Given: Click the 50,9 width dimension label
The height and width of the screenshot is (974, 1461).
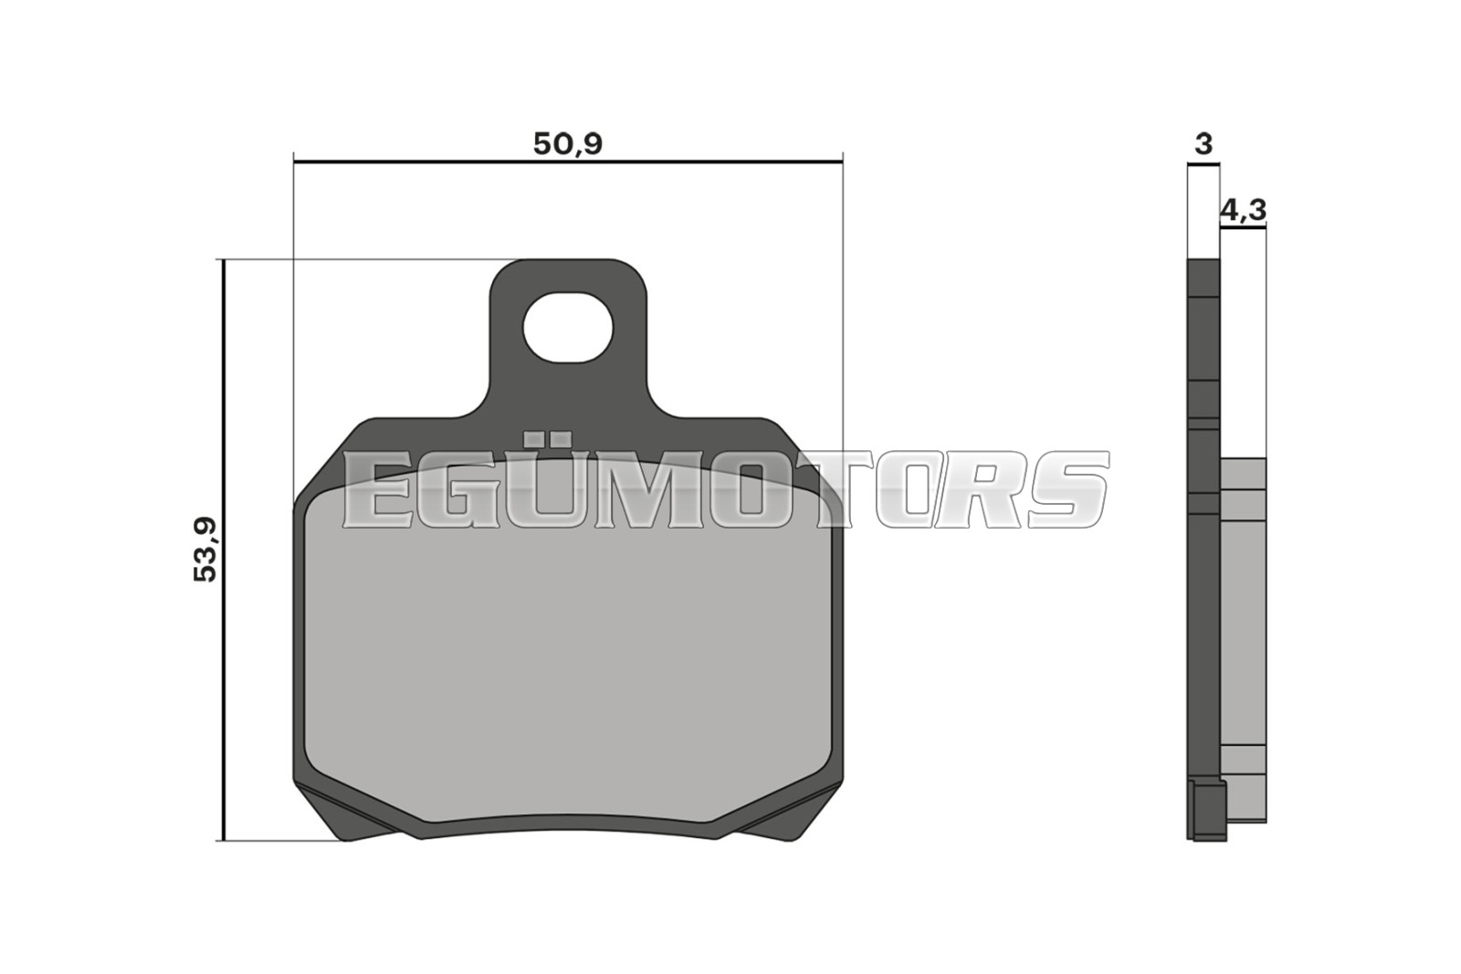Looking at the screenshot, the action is pos(567,143).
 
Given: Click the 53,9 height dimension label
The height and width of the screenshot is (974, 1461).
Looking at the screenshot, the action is pos(205,550).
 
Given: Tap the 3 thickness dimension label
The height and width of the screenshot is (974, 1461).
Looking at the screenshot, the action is pos(1203,143).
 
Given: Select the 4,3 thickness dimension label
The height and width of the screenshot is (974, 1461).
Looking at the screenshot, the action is pos(1243,210).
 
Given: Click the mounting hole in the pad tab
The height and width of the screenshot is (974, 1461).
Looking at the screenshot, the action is pos(567,328).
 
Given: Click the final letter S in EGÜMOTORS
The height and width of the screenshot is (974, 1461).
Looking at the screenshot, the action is pos(1067,489).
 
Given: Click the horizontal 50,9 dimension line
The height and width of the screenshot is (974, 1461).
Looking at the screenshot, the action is pos(568,161).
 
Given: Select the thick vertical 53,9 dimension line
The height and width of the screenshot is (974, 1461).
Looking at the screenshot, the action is pos(223,550).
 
